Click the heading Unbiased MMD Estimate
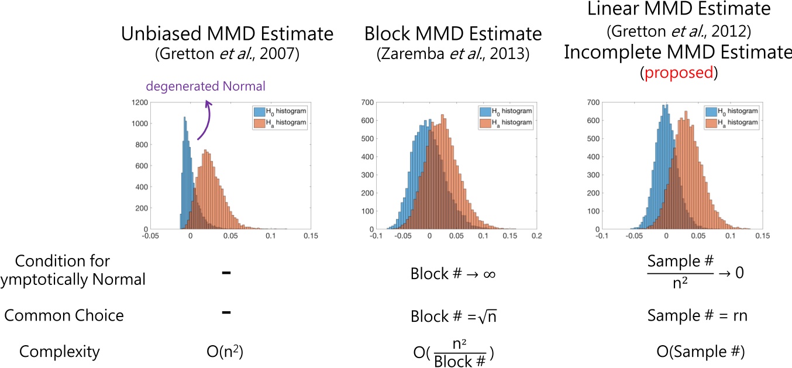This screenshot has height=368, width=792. click(227, 33)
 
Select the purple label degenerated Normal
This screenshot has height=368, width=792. click(205, 87)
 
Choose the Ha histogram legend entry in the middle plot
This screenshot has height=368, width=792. click(506, 122)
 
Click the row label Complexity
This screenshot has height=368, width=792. click(60, 352)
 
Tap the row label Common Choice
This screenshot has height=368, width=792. click(64, 315)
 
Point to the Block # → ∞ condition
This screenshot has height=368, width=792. click(453, 273)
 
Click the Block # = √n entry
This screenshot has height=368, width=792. click(453, 315)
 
